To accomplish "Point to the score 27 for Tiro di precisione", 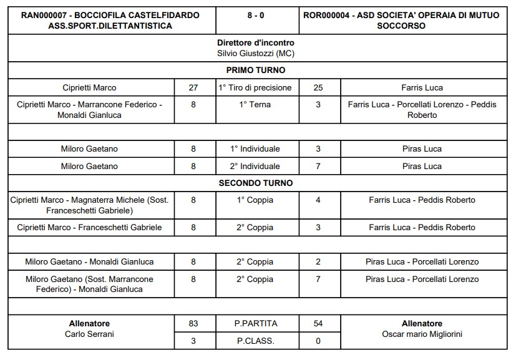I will (193, 88).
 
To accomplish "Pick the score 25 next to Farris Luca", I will (318, 88).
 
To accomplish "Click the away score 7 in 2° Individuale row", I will (318, 167).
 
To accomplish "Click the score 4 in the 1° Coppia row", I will (318, 200).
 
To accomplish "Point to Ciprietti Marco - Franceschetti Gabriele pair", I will (89, 228).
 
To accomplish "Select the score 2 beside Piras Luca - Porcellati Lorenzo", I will (318, 262).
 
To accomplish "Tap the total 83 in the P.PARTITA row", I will (193, 324).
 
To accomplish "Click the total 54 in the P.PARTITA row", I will (318, 324).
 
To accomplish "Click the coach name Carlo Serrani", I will (89, 334).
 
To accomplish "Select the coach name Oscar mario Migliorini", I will (422, 334).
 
